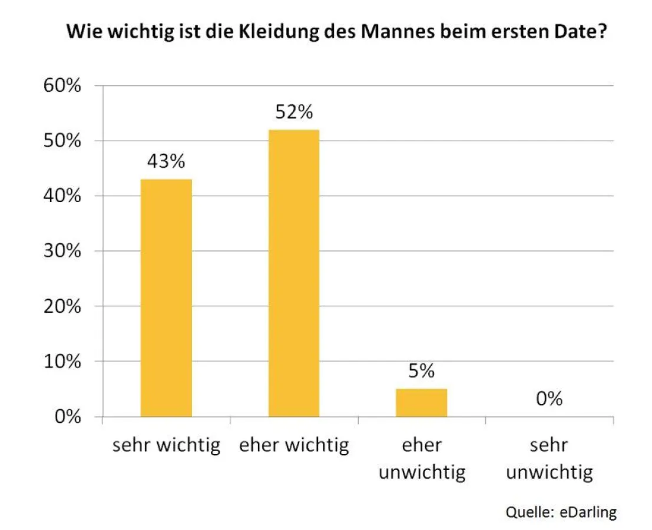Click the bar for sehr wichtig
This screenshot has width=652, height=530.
point(166,297)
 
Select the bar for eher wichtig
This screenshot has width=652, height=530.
point(294,273)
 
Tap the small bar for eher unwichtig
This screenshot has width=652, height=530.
point(421,403)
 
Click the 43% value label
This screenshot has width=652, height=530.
point(166,161)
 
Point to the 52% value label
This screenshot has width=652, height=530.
point(294,112)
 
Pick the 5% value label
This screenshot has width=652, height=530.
point(421,371)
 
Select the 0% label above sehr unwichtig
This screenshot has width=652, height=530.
point(549,399)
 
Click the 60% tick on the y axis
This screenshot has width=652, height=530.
point(61,86)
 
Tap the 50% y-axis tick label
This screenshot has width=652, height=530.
point(61,141)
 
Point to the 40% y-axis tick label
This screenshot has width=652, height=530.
point(61,196)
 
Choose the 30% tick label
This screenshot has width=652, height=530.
point(61,251)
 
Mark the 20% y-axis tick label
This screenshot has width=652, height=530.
point(61,306)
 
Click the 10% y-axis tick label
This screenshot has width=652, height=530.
point(61,362)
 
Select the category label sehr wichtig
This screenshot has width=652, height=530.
point(166,445)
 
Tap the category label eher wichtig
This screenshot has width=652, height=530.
point(294,445)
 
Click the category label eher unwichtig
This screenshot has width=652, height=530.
point(422,458)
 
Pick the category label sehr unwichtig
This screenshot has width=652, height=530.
point(549,458)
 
